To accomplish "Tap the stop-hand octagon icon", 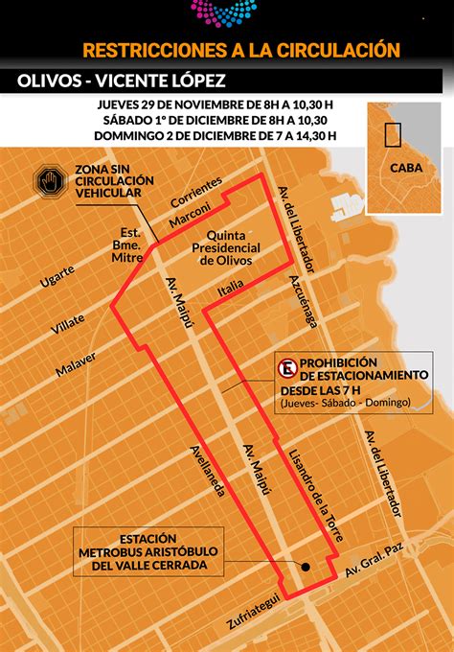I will click(47, 179).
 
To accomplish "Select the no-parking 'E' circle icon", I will click(285, 368).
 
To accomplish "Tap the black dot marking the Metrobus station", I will click(305, 566).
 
